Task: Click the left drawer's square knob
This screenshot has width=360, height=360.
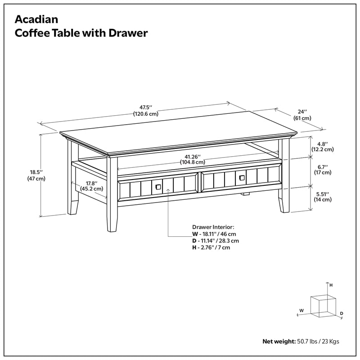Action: [157, 186]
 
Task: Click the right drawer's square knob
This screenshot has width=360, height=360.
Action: [242, 178]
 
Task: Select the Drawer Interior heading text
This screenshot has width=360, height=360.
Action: [213, 227]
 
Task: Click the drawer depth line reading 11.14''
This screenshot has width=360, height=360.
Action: [215, 241]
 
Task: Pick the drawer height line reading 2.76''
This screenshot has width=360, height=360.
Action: [212, 247]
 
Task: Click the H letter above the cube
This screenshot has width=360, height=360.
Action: [331, 285]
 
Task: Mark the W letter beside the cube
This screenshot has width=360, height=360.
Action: [302, 310]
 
